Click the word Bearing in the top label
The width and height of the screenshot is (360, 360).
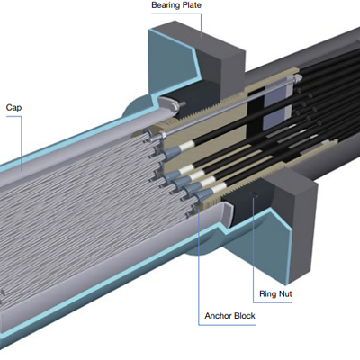166,5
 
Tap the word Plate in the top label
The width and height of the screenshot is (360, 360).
192,5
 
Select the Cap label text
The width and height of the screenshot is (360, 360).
13,108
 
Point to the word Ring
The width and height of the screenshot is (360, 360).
267,293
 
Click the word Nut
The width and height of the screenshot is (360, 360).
285,293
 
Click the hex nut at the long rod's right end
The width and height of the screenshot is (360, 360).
298,78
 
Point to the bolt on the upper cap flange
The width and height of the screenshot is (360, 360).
182,104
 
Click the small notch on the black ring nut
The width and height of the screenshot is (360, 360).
255,194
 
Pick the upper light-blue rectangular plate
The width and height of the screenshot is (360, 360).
276,93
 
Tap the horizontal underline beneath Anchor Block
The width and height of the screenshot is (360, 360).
227,325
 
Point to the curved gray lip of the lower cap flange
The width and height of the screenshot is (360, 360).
228,213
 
